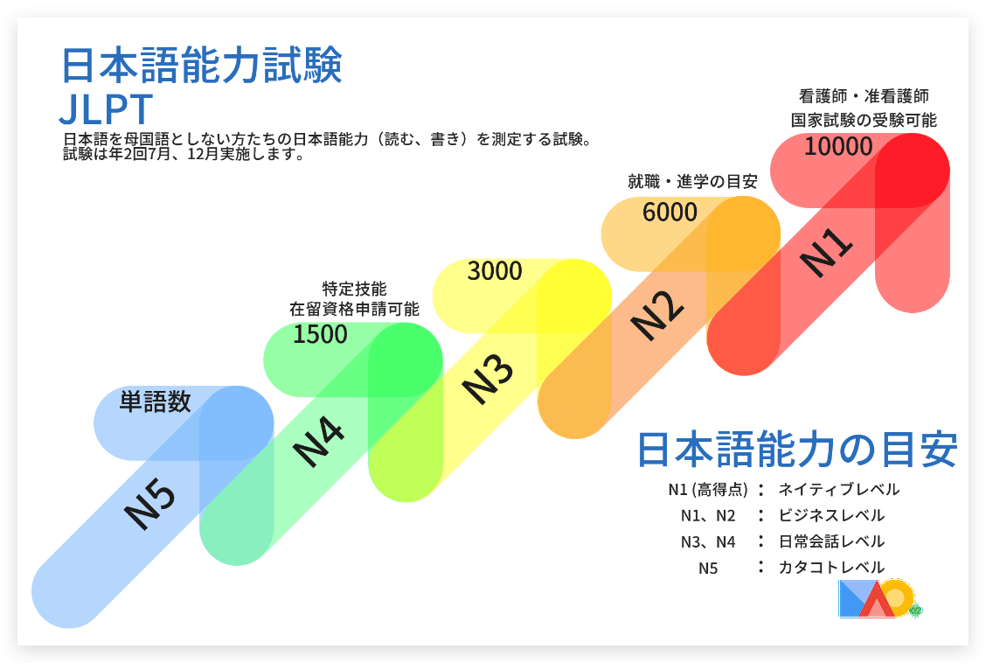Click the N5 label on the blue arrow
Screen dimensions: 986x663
coord(149,504)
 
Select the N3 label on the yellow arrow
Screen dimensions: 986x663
coord(488,379)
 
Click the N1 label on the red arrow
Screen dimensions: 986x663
coord(826,252)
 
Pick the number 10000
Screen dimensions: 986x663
coord(839,147)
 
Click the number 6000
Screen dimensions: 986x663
coord(670,213)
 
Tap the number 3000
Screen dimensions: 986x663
coord(495,271)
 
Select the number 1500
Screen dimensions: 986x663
coord(320,335)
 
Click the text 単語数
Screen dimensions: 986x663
coord(156,401)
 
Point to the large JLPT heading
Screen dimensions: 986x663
coord(107,109)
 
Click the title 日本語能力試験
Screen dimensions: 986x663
coord(202,66)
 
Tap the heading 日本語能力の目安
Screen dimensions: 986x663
coord(797,450)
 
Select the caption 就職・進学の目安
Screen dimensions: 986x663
coord(693,182)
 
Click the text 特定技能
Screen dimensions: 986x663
coord(354,289)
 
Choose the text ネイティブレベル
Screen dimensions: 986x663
coord(839,490)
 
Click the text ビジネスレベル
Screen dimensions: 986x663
coord(831,516)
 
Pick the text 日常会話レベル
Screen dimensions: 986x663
coord(831,541)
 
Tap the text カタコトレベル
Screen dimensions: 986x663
coord(831,568)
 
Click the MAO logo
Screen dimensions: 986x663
coord(879,598)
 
